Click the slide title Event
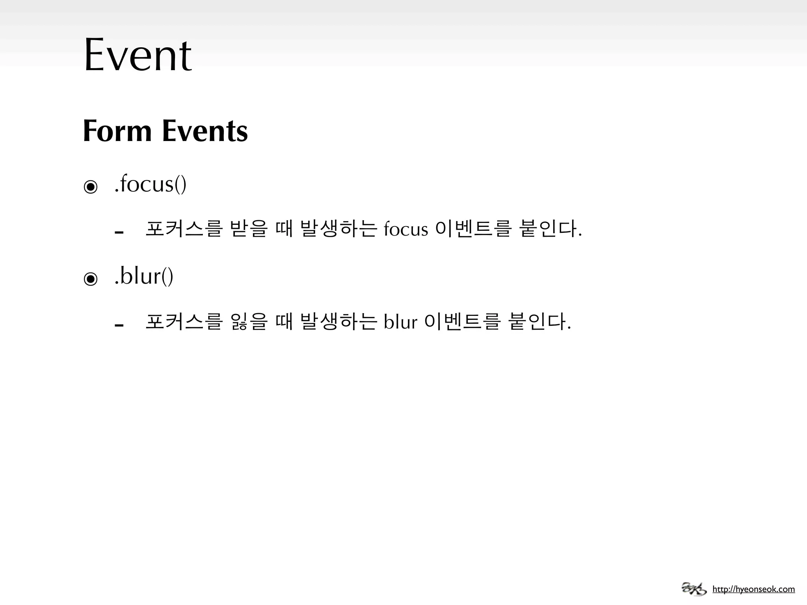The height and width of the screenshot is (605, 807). pos(138,55)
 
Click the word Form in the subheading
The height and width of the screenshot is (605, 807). pos(117,131)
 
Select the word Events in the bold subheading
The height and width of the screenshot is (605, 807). pos(205,131)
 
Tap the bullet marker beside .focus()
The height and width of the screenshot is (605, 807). pos(91,187)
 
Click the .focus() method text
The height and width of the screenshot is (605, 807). pos(150,184)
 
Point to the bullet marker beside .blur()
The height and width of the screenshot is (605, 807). pos(91,279)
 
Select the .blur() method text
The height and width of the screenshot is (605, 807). pos(143,277)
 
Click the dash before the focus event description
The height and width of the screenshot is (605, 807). pos(119,232)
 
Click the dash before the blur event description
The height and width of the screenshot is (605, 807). pos(119,325)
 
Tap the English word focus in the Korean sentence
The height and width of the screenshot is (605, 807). pos(405,230)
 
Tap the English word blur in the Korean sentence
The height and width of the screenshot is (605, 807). pos(400,322)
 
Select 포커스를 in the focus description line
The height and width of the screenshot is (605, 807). pos(184,229)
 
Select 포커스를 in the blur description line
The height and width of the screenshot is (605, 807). pos(184,321)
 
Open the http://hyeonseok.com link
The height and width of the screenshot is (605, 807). pos(753,589)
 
